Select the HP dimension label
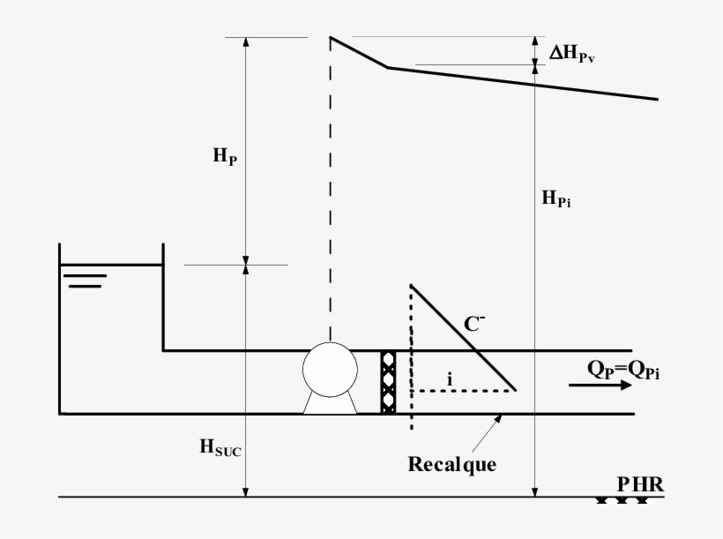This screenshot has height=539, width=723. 225,157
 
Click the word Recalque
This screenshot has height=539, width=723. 451,463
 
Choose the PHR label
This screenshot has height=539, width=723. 640,484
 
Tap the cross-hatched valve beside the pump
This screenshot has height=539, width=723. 388,382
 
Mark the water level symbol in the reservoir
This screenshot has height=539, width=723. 84,281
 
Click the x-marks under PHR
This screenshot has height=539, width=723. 622,501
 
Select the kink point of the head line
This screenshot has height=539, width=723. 388,68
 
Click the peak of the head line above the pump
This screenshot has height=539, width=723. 331,37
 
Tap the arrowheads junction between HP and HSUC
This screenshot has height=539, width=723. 247,265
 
